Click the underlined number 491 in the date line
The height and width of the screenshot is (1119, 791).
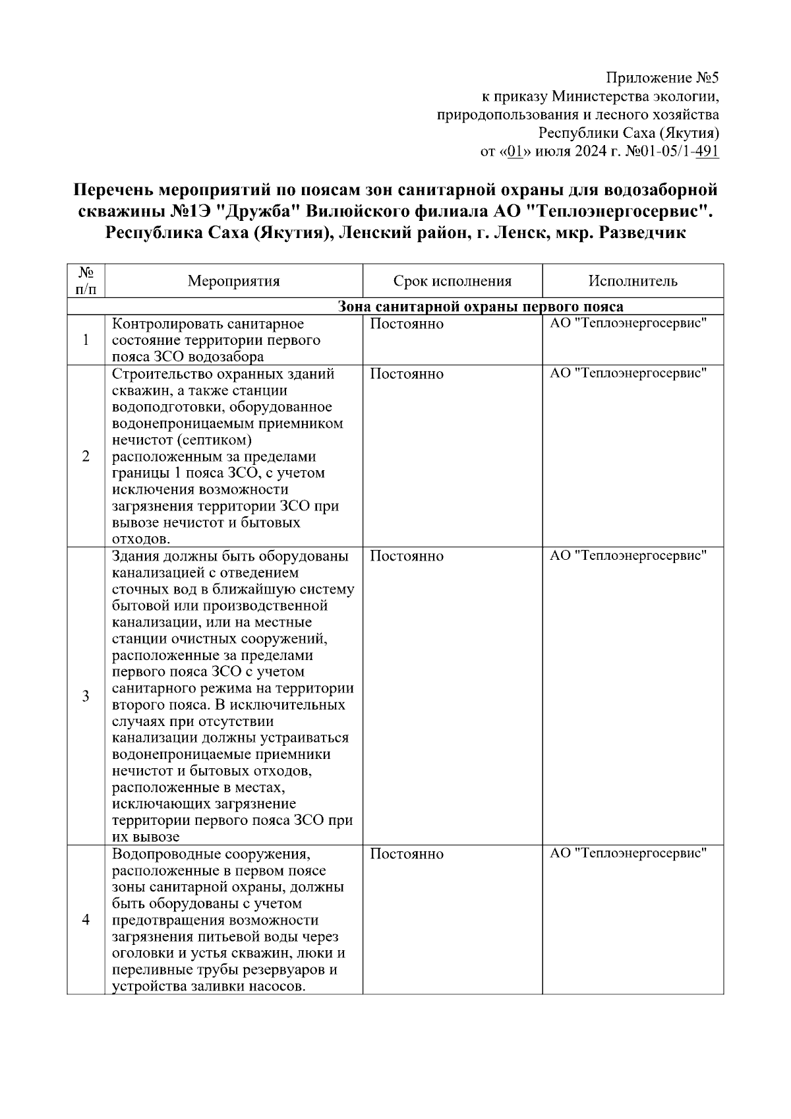pos(707,152)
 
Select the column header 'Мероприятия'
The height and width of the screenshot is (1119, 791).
pos(233,282)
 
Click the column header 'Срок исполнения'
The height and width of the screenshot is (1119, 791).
pos(452,282)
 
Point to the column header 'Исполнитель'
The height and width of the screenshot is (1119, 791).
pos(633,282)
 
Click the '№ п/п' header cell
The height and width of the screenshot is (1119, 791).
pos(86,281)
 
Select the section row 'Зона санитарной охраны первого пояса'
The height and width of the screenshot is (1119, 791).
pos(480,307)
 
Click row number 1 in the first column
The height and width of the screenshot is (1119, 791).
pos(86,340)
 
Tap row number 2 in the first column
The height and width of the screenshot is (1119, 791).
pos(86,456)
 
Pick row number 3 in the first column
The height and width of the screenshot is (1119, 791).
pos(86,696)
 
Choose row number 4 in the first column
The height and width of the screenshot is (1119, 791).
pos(86,920)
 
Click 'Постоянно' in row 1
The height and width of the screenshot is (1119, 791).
pos(407,324)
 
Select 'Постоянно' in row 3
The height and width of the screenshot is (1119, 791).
pos(407,556)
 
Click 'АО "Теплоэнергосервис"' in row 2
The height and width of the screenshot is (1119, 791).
pos(628,374)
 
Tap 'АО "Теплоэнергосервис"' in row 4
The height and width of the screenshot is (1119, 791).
pos(628,853)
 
